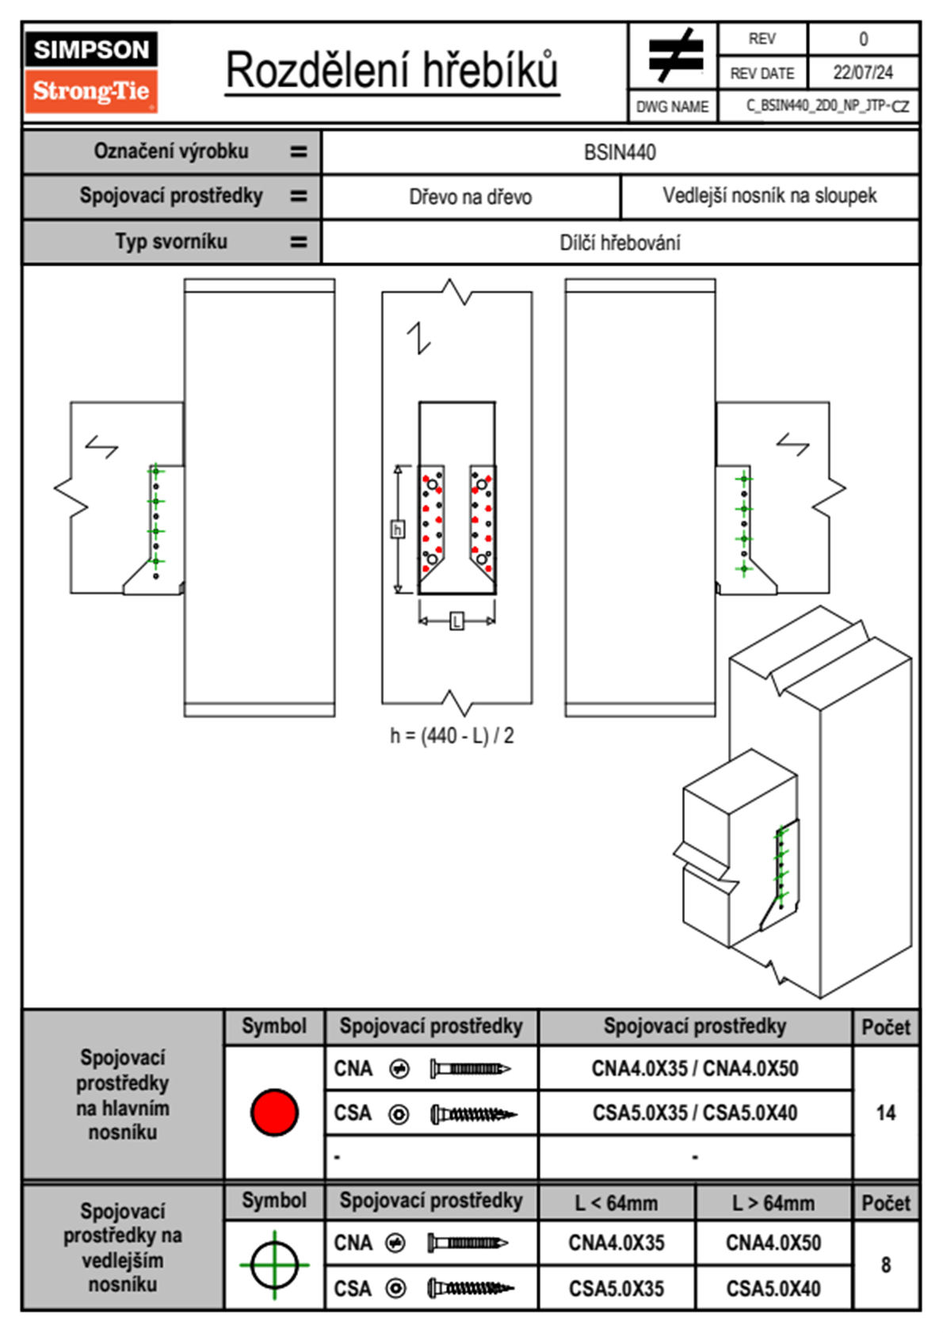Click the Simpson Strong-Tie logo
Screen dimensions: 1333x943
tap(91, 71)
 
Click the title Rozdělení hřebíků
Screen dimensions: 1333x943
tap(392, 71)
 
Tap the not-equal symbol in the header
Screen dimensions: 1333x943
tap(674, 55)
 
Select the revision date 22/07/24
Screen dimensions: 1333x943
tap(862, 73)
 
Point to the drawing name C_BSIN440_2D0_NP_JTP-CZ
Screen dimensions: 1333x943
tap(827, 106)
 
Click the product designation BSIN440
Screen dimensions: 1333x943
tap(620, 153)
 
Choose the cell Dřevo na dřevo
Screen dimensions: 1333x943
tap(470, 197)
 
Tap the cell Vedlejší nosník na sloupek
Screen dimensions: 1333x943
tap(769, 196)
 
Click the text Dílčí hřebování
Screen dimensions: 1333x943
tap(620, 243)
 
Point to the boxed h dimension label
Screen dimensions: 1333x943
tap(398, 529)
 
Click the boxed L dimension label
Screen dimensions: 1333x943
tap(456, 621)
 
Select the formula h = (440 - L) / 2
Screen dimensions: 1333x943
tap(452, 736)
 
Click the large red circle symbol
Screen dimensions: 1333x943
tap(274, 1112)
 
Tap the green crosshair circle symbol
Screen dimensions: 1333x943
tap(274, 1265)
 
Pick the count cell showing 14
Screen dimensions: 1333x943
tap(885, 1113)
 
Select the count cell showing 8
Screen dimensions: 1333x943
tap(885, 1265)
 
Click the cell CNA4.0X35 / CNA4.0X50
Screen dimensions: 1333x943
tap(695, 1068)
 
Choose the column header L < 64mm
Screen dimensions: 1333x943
tap(616, 1203)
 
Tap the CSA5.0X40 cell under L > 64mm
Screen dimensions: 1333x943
tap(773, 1289)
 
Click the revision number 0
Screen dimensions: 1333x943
tap(863, 39)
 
